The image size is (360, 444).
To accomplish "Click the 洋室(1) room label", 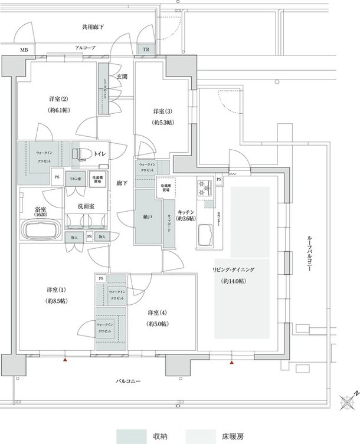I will coord(57,290).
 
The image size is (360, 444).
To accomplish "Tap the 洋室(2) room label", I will coord(57,98).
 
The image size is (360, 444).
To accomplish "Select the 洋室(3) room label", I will coord(162,111).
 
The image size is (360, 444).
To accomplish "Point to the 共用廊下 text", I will coord(93,27).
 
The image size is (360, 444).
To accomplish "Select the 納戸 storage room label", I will coord(147,216).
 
